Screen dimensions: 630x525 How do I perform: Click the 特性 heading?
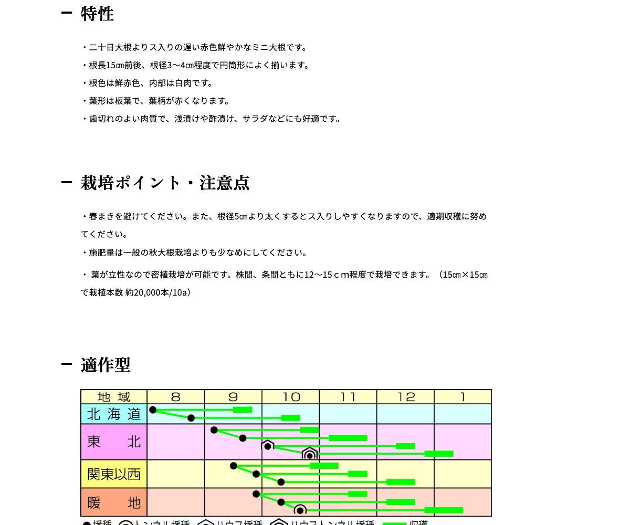pyautogui.click(x=97, y=14)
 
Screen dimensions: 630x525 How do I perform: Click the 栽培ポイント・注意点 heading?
pyautogui.click(x=165, y=183)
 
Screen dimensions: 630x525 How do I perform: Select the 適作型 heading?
pyautogui.click(x=106, y=365)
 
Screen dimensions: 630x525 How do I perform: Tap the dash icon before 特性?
pyautogui.click(x=66, y=13)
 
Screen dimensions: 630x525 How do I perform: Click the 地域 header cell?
pyautogui.click(x=114, y=397)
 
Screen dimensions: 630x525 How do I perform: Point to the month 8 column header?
pyautogui.click(x=175, y=397)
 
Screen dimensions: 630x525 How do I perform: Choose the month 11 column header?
pyautogui.click(x=348, y=397)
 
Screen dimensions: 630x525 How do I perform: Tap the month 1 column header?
pyautogui.click(x=463, y=397)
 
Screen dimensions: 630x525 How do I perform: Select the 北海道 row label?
pyautogui.click(x=114, y=414)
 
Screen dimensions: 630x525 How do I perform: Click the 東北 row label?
pyautogui.click(x=114, y=442)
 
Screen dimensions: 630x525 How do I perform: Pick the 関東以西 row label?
pyautogui.click(x=114, y=474)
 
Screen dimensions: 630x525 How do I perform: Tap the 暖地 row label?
pyautogui.click(x=114, y=503)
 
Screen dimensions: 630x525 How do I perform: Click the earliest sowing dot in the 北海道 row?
pyautogui.click(x=153, y=410)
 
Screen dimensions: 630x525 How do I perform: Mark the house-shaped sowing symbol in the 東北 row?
pyautogui.click(x=268, y=446)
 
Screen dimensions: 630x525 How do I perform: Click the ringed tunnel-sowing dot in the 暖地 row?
pyautogui.click(x=300, y=510)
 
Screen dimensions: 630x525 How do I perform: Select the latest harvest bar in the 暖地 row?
pyautogui.click(x=444, y=510)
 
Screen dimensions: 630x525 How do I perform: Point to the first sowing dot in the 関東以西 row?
pyautogui.click(x=234, y=466)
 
